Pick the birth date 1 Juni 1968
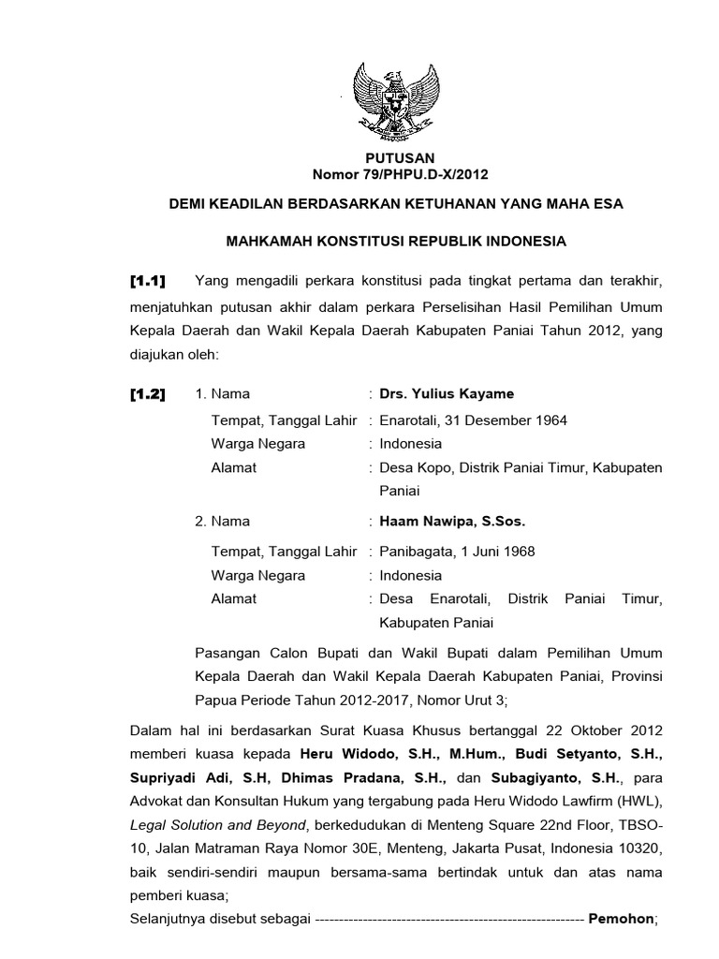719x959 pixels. [498, 551]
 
